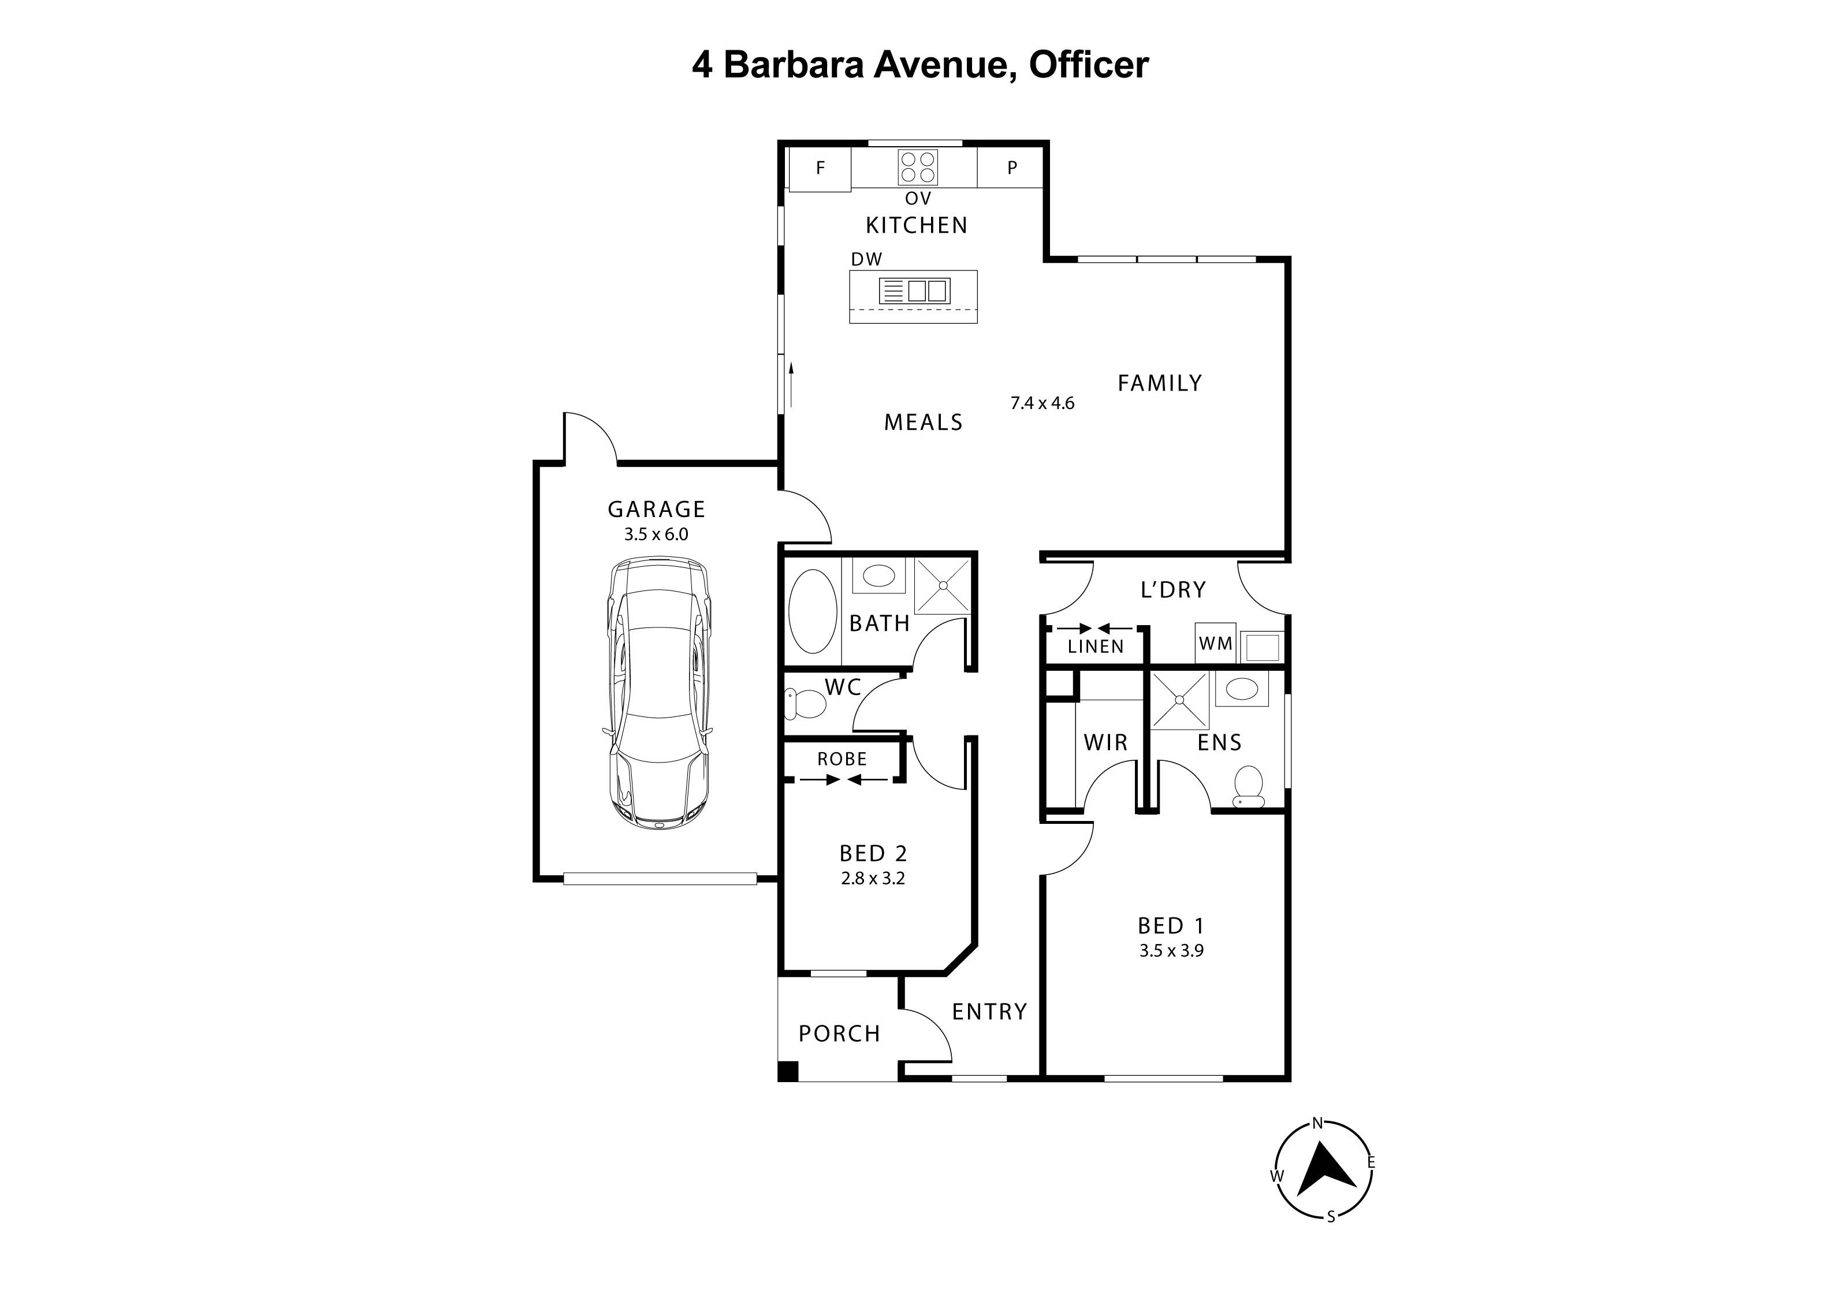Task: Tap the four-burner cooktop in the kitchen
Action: coord(917,167)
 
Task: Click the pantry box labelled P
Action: coord(1012,168)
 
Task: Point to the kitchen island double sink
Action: coord(928,291)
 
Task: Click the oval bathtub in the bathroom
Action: coord(812,611)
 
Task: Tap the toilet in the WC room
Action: coord(807,703)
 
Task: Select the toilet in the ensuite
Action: coord(1248,786)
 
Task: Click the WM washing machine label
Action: coord(1215,643)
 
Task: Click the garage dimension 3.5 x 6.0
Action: coord(656,534)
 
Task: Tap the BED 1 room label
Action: coord(1170,926)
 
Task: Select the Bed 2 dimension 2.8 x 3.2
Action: coord(873,878)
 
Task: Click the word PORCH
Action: coord(839,1034)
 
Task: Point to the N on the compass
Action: coord(1317,1123)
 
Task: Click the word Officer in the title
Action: coord(1088,65)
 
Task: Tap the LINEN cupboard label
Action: coord(1096,647)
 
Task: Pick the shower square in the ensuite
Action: coord(1180,700)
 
